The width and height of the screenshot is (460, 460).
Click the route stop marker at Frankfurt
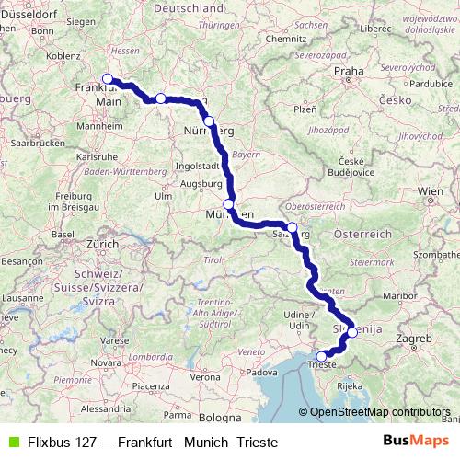[x=108, y=79]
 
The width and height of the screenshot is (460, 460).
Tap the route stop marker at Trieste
[x=321, y=356]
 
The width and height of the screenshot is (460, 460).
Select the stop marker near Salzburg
[x=292, y=227]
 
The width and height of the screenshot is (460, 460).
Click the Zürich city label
[x=102, y=245]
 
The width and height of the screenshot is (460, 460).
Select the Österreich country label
[x=363, y=235]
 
